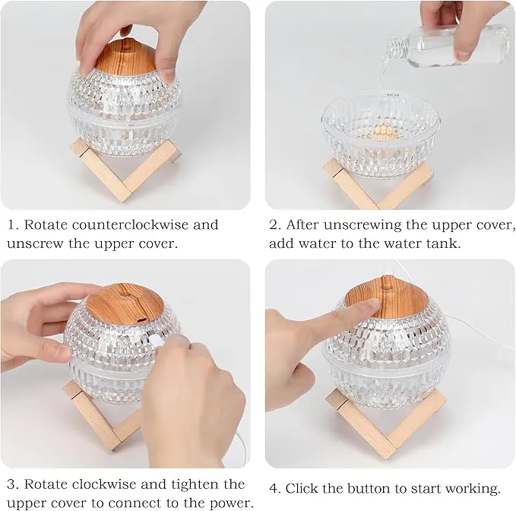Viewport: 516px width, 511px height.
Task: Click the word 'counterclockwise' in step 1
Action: pyautogui.click(x=130, y=225)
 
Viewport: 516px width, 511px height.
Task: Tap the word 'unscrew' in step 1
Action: pyautogui.click(x=34, y=244)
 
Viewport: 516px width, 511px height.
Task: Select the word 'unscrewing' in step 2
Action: pyautogui.click(x=362, y=226)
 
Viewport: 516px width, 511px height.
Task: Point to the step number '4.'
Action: pyautogui.click(x=275, y=489)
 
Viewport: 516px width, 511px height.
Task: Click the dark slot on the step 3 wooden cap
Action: pyautogui.click(x=141, y=319)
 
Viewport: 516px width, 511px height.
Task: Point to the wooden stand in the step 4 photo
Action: pyautogui.click(x=386, y=423)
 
